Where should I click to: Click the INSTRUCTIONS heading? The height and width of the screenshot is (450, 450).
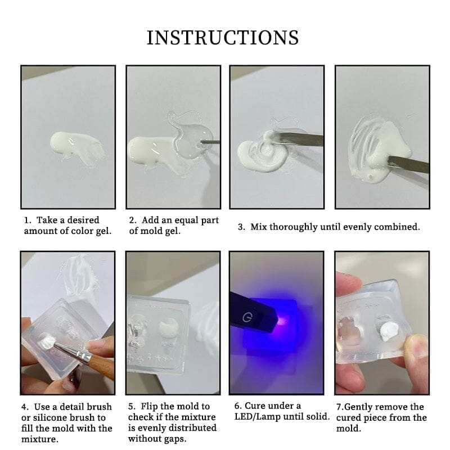[x=223, y=37]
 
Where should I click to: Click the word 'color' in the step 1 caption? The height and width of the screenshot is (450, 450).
[x=83, y=231]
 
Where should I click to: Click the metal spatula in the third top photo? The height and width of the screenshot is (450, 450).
[x=301, y=140]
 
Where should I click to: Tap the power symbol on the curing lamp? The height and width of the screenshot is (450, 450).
[x=246, y=318]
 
